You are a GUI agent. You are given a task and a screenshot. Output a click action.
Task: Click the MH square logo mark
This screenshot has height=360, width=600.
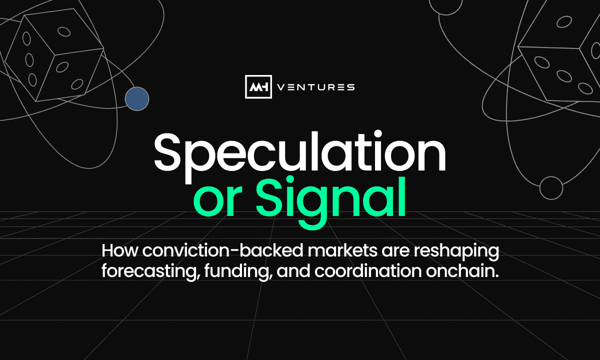tap(258, 86)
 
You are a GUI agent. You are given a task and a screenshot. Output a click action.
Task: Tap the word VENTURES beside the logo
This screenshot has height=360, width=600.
tap(316, 87)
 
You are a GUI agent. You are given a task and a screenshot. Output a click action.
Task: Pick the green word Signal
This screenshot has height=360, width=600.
tap(331, 202)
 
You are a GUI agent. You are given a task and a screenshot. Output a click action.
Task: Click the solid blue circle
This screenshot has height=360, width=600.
tap(137, 99)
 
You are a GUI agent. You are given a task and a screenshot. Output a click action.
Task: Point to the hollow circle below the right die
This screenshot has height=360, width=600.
tap(551, 188)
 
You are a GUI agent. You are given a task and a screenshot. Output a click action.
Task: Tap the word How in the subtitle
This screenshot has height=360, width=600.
tap(119, 250)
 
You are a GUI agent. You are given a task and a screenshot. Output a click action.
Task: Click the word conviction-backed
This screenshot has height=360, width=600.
tap(222, 250)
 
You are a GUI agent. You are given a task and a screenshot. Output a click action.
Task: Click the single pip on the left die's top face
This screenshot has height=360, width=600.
tap(64, 31)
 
